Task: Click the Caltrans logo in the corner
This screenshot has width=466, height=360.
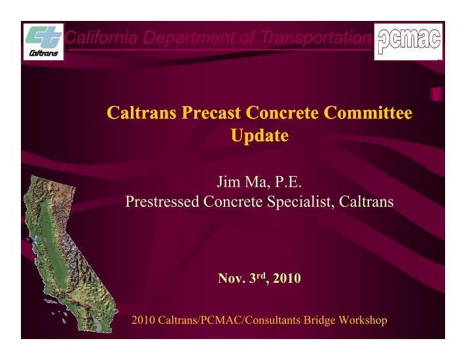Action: tap(44, 42)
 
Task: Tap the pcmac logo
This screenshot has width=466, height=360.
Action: tap(408, 42)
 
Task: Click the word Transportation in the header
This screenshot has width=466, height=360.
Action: tap(315, 37)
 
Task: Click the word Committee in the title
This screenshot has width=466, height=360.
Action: tap(368, 113)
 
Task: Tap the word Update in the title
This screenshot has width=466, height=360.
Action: tap(259, 136)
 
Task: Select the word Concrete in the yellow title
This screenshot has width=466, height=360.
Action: tap(282, 113)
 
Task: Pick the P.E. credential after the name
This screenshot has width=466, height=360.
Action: tap(288, 181)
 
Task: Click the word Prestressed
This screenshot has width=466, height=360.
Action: tap(162, 202)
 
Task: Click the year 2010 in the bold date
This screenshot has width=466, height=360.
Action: tap(287, 278)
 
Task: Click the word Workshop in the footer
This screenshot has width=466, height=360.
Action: tap(363, 320)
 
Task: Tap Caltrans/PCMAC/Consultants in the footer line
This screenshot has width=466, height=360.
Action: tap(229, 320)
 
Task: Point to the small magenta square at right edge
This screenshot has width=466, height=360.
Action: tap(437, 94)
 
